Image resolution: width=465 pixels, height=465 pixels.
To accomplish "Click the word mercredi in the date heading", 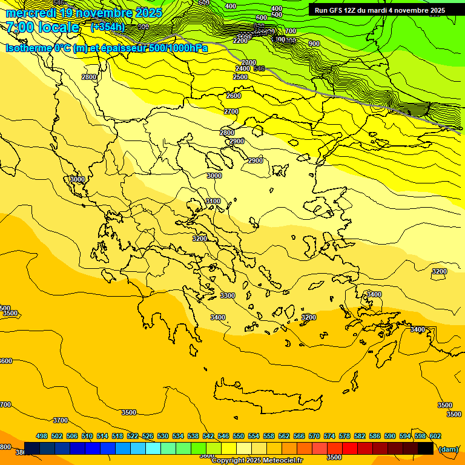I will (31, 13).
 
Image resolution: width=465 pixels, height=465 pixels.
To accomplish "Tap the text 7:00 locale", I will (42, 27).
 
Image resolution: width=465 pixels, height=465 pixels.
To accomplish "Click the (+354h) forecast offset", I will (107, 27).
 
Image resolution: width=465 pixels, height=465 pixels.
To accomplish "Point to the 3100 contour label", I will (213, 201).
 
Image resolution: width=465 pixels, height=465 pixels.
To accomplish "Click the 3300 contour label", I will (227, 295).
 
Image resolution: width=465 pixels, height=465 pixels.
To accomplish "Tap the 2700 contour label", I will (231, 111).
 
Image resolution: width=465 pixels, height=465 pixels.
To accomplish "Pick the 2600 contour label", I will (234, 96).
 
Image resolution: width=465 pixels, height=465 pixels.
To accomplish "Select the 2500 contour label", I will (240, 77).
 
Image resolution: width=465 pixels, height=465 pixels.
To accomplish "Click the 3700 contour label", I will (61, 420).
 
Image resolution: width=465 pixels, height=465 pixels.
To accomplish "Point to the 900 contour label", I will (314, 44).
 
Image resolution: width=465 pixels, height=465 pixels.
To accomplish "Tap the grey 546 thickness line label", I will (259, 68).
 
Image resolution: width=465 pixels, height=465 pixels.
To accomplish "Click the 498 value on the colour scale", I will (42, 436).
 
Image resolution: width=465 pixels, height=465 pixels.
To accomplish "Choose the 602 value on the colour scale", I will (435, 436).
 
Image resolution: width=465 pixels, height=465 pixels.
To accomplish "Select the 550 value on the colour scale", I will (239, 436).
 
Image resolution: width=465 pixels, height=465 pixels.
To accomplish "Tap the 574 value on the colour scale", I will (329, 436).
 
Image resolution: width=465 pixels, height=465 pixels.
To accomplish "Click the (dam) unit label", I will (449, 449).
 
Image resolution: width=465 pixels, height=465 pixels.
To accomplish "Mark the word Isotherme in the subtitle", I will (28, 48).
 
